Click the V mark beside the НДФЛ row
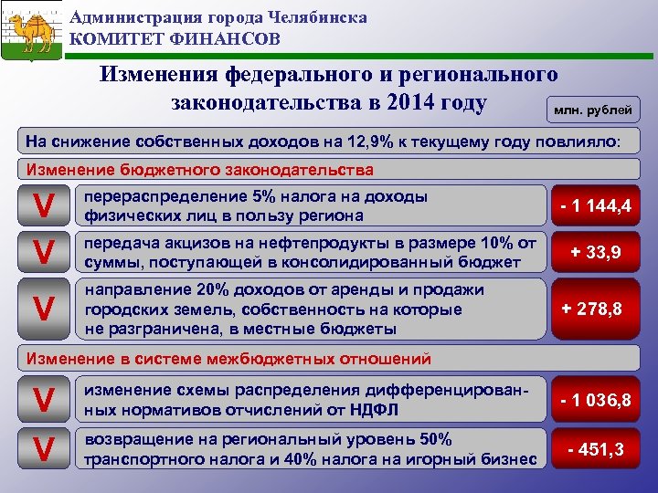pyautogui.click(x=42, y=400)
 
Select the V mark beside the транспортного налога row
pyautogui.click(x=42, y=448)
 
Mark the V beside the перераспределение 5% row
pyautogui.click(x=42, y=207)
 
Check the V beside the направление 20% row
pyautogui.click(x=42, y=309)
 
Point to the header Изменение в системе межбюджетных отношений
pyautogui.click(x=228, y=359)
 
